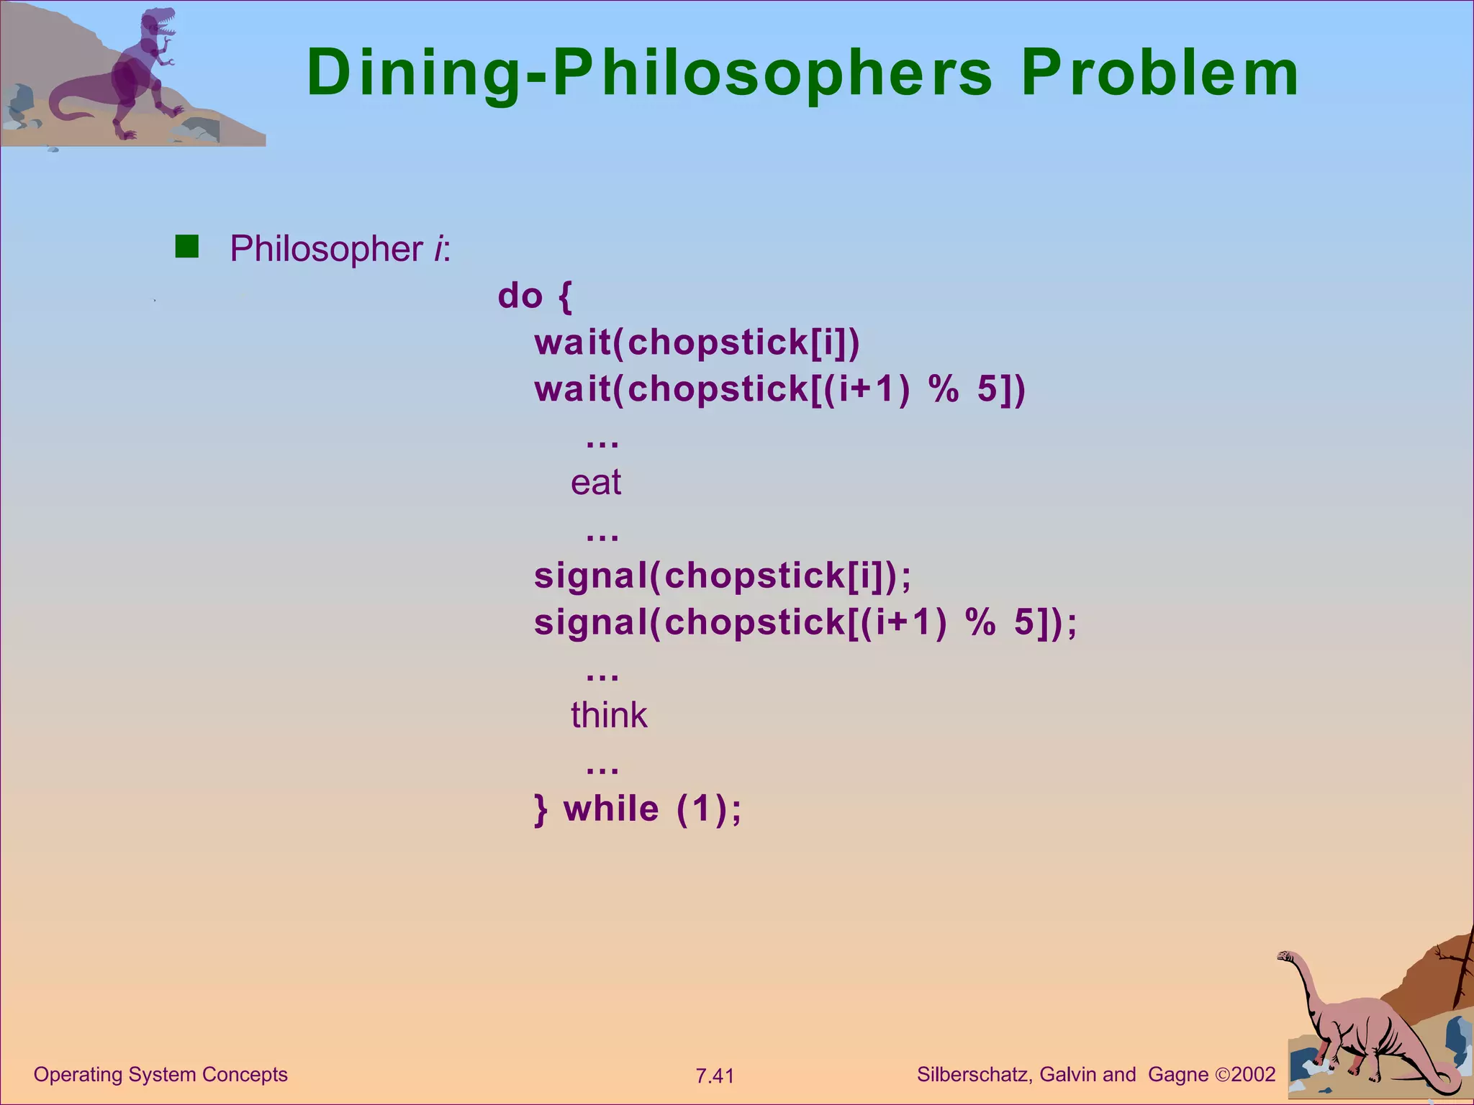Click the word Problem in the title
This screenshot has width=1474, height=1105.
(x=1160, y=73)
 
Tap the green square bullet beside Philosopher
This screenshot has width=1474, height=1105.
(x=187, y=247)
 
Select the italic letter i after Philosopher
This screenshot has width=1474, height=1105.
(x=438, y=249)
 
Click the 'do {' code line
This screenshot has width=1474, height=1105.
(x=535, y=296)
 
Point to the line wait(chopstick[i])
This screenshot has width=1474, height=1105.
(x=697, y=342)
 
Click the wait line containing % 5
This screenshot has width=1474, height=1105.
(x=779, y=389)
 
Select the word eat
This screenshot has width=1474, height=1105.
(x=595, y=482)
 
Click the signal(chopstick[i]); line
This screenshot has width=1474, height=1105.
(x=723, y=576)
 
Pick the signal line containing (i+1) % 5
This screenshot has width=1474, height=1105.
(x=805, y=622)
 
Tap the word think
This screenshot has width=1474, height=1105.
(x=609, y=715)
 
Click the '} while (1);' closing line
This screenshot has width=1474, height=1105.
(x=638, y=809)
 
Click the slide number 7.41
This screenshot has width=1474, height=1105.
(x=714, y=1076)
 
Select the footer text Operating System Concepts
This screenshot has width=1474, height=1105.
(x=160, y=1075)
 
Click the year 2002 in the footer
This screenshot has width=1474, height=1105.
(x=1253, y=1075)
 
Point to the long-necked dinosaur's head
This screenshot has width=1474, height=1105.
(x=1285, y=957)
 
